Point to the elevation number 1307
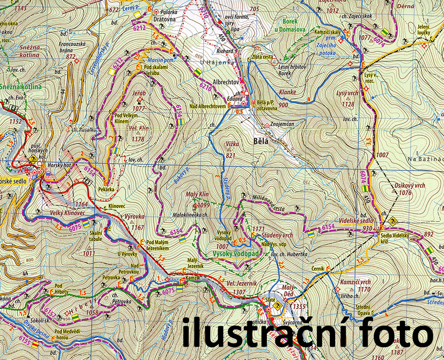(x=239, y=292)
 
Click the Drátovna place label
(x=164, y=20)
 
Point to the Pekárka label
(x=107, y=189)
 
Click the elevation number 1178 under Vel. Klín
(x=139, y=139)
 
